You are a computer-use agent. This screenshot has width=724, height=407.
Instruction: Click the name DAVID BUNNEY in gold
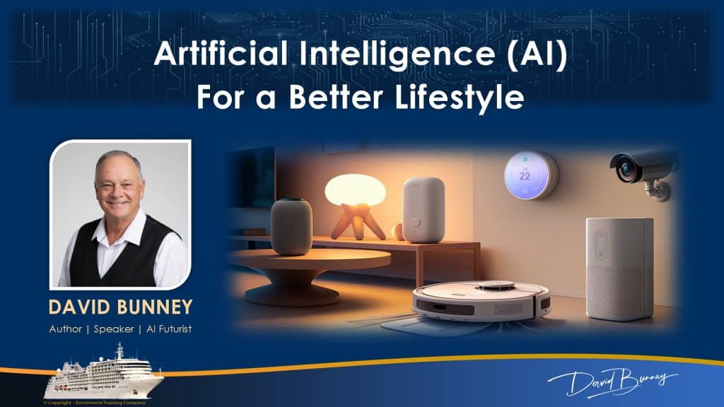click(120, 307)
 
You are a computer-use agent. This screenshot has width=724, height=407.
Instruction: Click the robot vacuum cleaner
click(481, 301)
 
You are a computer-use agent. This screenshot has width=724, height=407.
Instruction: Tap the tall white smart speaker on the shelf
click(424, 209)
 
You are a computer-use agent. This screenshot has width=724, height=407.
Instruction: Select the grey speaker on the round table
click(291, 226)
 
